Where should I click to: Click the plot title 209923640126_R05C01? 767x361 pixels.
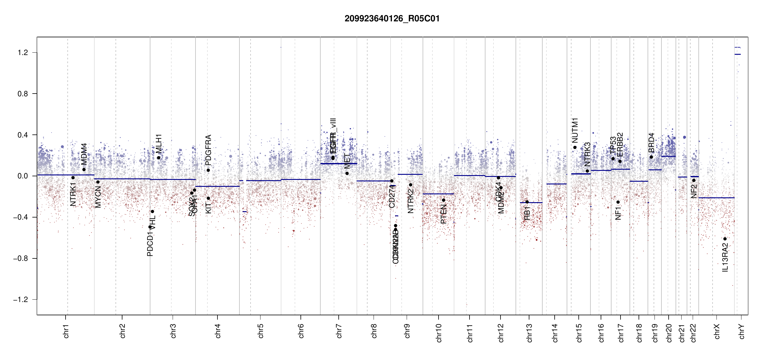point(392,19)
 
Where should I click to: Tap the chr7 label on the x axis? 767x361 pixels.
point(339,331)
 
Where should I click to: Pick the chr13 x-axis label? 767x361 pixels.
point(529,333)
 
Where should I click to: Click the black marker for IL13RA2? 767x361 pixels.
point(725,239)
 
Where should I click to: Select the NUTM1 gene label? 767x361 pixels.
point(575,130)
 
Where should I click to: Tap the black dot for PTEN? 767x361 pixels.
point(443,200)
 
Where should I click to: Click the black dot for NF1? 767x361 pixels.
point(618,202)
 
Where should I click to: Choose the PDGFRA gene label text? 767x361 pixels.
point(208,150)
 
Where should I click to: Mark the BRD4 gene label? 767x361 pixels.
point(651,143)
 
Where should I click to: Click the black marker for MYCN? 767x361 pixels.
point(98,182)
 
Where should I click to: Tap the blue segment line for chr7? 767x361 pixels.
point(339,164)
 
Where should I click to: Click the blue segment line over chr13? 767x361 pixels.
point(531,202)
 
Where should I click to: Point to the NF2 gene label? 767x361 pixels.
point(694,191)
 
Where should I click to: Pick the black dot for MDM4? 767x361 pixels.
point(84,169)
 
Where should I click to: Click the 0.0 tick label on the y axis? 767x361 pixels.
point(23,176)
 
